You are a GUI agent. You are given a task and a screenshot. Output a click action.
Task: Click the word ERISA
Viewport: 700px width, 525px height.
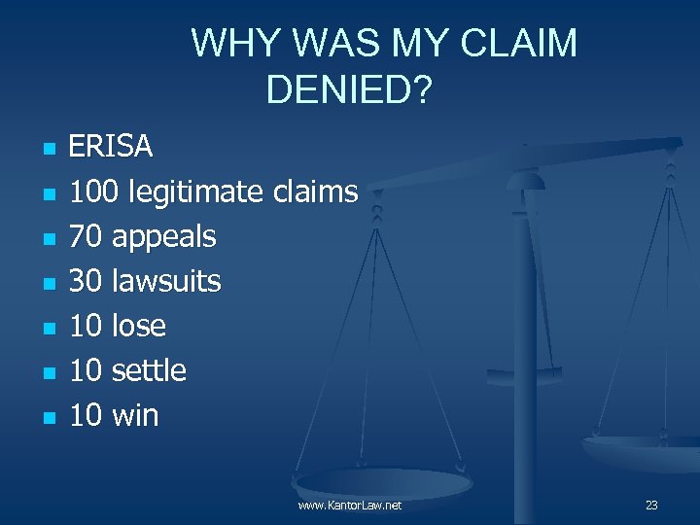tap(111, 147)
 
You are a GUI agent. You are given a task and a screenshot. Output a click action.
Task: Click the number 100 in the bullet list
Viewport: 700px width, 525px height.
tap(94, 192)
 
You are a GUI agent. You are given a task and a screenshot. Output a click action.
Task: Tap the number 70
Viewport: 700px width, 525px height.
tap(86, 236)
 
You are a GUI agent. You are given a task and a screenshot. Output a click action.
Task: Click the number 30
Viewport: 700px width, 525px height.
tap(86, 281)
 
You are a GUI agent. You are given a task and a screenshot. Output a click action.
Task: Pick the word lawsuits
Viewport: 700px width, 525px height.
tap(166, 281)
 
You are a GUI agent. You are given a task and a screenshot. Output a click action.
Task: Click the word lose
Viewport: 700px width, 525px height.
tap(139, 326)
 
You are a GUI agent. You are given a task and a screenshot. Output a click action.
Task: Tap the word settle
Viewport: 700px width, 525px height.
tap(149, 370)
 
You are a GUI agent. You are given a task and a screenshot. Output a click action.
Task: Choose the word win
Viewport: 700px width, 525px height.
tap(135, 415)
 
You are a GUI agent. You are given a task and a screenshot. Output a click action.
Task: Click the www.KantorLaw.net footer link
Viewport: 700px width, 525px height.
tap(350, 506)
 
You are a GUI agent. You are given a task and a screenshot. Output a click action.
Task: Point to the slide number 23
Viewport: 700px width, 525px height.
tap(651, 506)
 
